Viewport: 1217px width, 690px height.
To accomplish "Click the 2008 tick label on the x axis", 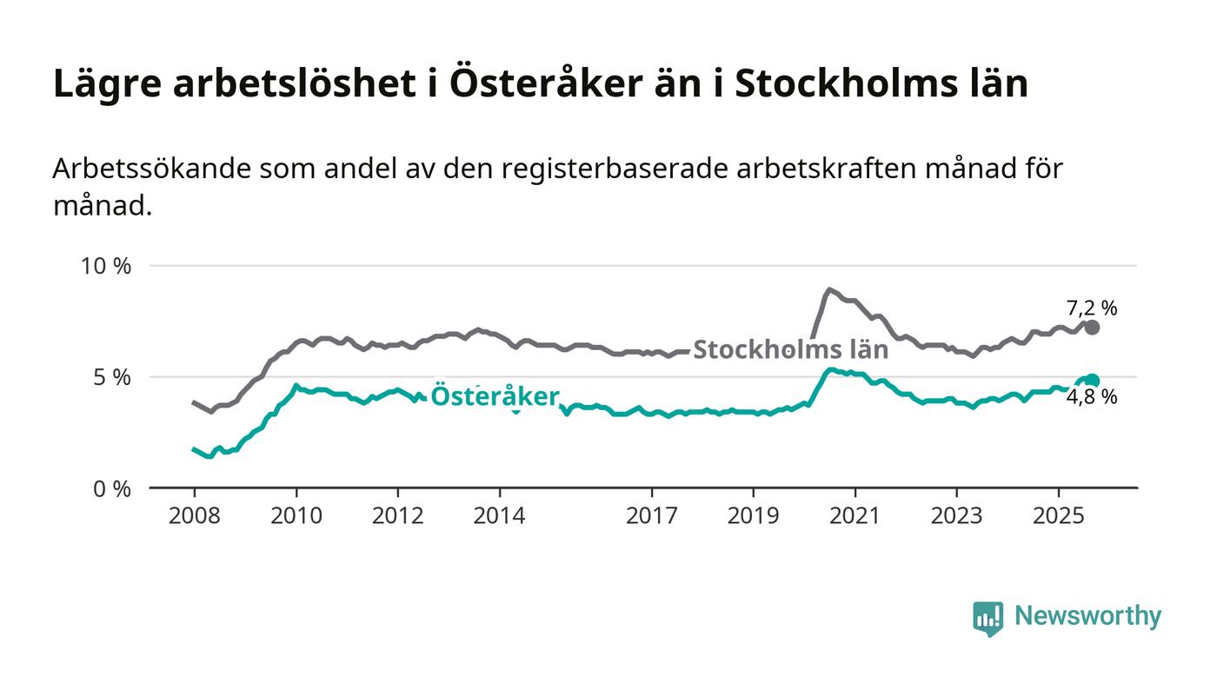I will pyautogui.click(x=194, y=516).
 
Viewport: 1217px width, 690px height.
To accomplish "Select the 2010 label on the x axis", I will pyautogui.click(x=296, y=516).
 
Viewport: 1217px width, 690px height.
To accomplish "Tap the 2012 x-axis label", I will pyautogui.click(x=397, y=516).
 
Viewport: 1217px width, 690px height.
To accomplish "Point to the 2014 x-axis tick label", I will pyautogui.click(x=499, y=516).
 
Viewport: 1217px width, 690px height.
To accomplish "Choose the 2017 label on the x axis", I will pyautogui.click(x=652, y=516).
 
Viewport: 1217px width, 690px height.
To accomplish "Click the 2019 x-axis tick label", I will pyautogui.click(x=754, y=516).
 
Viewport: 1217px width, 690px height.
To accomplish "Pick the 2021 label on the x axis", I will pyautogui.click(x=855, y=516).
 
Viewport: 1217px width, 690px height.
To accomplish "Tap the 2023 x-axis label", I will pyautogui.click(x=957, y=516).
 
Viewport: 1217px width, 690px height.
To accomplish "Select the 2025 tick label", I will pyautogui.click(x=1058, y=516).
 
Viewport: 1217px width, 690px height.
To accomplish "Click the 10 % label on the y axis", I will pyautogui.click(x=106, y=266).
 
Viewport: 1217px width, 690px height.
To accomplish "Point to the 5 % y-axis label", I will pyautogui.click(x=112, y=377).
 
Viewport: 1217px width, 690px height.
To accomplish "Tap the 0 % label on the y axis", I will pyautogui.click(x=112, y=489).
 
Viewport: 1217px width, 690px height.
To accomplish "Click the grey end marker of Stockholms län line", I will pyautogui.click(x=1092, y=328).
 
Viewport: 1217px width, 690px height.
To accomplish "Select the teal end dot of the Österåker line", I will pyautogui.click(x=1093, y=381).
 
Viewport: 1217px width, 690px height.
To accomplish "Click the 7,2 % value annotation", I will pyautogui.click(x=1092, y=308).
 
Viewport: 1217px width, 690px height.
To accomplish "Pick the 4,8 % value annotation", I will pyautogui.click(x=1092, y=398).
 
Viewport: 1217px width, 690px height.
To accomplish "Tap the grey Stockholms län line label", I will pyautogui.click(x=790, y=350).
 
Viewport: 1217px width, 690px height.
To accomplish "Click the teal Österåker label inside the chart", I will pyautogui.click(x=495, y=396).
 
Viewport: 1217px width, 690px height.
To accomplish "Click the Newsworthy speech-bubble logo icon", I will pyautogui.click(x=988, y=618).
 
